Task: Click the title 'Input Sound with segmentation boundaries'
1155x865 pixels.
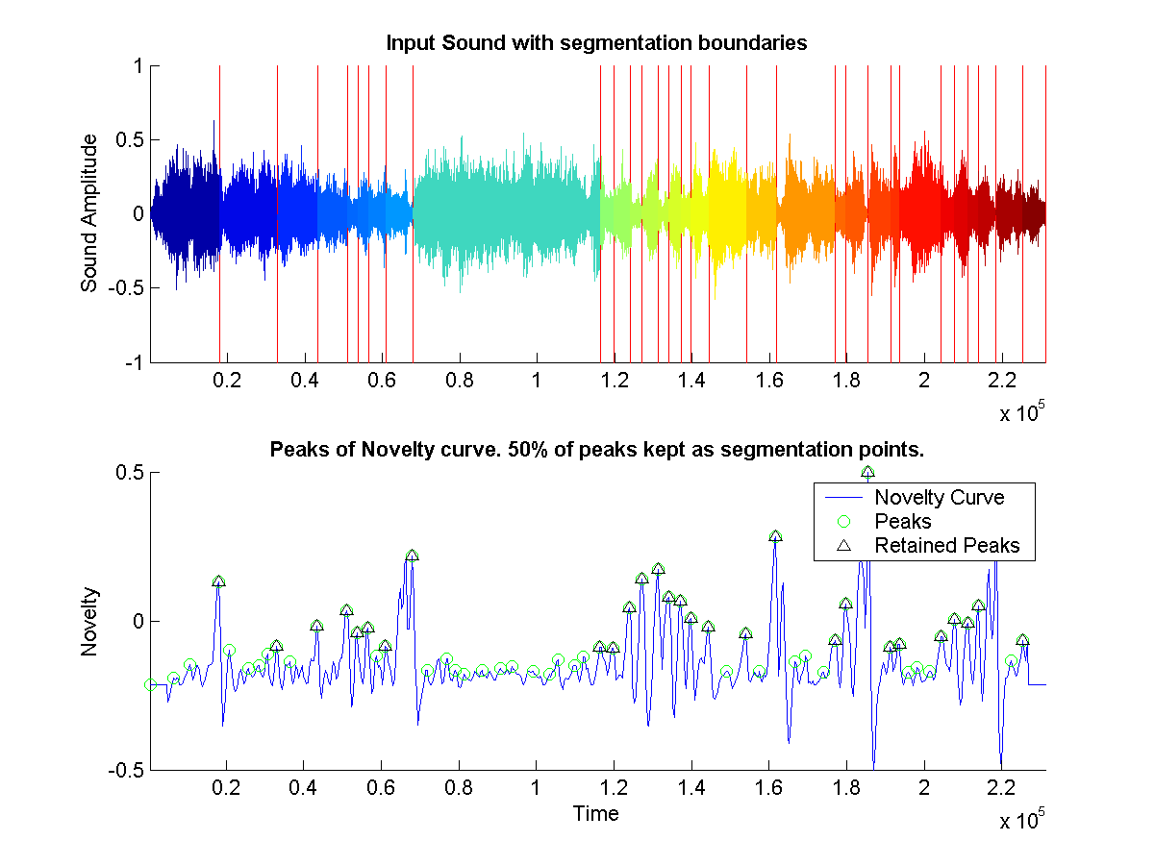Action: click(595, 43)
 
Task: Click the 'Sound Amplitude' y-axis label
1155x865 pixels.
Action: click(89, 213)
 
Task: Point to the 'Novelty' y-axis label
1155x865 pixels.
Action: click(89, 622)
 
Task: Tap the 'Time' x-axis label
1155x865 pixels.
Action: click(596, 814)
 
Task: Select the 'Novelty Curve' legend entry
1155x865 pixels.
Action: click(939, 498)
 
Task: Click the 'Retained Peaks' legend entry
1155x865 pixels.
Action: click(946, 547)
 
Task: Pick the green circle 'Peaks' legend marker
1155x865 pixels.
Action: click(844, 522)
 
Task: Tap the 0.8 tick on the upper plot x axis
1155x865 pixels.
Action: click(461, 381)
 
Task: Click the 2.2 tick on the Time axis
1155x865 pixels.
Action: click(1002, 789)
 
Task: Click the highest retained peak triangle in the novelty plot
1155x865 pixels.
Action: click(867, 473)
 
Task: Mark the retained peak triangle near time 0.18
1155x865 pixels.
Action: click(218, 581)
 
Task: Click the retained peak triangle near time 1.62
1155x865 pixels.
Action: click(776, 536)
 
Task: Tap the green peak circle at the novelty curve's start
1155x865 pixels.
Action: click(150, 685)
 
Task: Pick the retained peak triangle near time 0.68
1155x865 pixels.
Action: click(412, 556)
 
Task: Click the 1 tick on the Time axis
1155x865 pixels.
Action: click(537, 789)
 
